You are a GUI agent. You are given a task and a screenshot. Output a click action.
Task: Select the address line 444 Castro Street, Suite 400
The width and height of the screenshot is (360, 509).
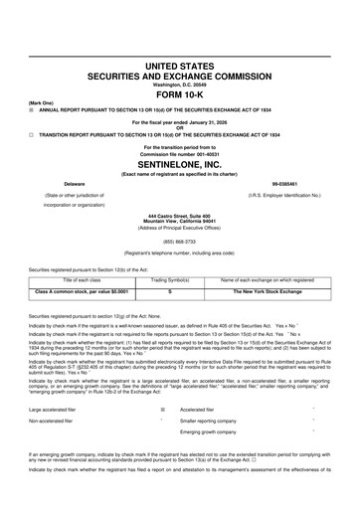pos(180,216)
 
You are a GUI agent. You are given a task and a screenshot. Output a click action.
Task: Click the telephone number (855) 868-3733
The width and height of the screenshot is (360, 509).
pos(180,240)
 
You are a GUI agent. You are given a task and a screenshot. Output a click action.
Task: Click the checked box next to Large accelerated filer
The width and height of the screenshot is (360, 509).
pos(163,408)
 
